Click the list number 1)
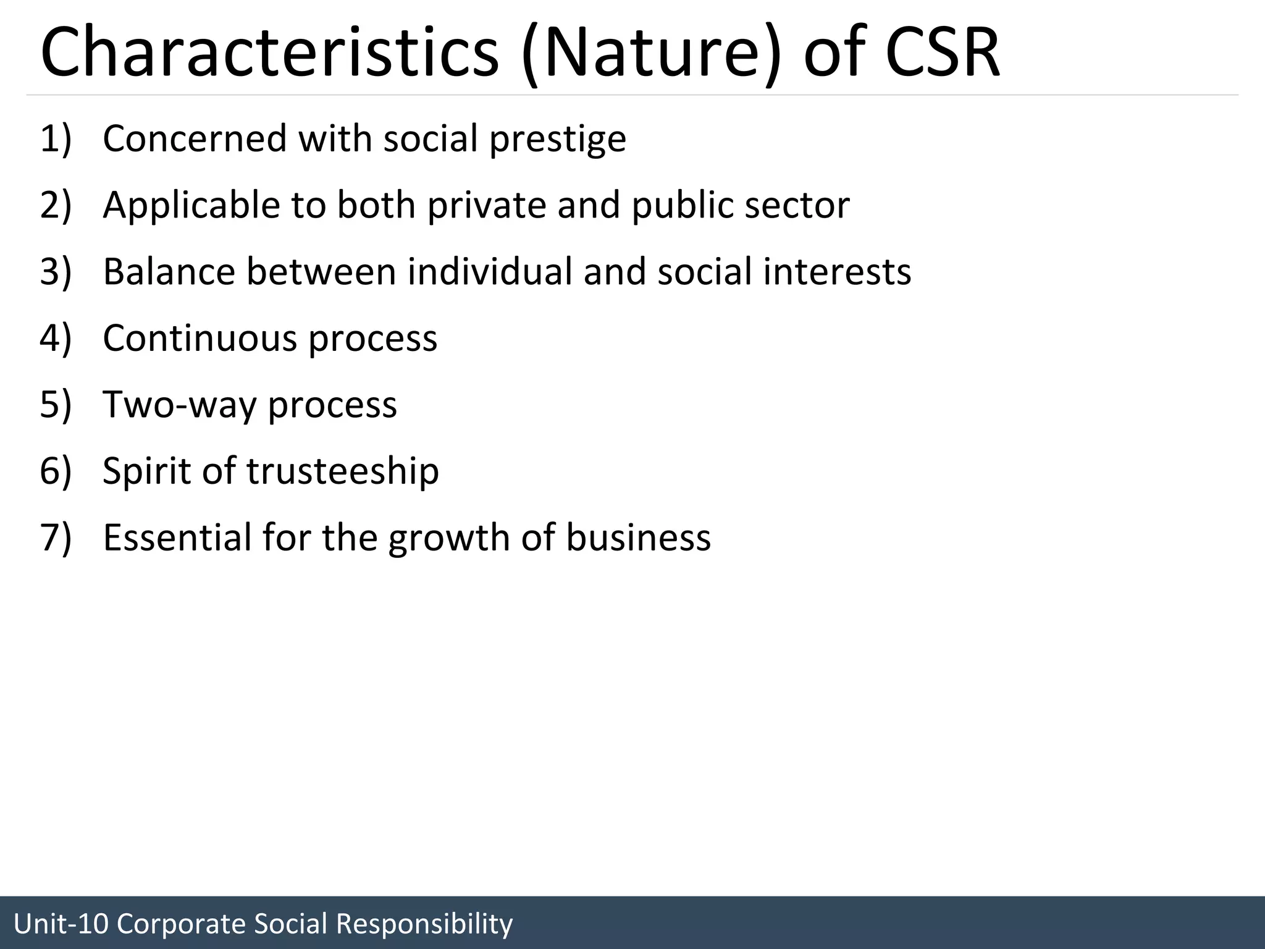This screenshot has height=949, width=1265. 56,138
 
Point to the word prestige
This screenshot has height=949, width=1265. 558,140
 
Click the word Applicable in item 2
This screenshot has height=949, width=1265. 191,206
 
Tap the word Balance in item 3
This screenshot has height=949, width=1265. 169,272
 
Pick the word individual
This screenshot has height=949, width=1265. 490,272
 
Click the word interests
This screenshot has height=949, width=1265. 837,272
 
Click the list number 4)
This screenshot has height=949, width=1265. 56,339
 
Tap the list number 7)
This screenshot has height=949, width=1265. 56,538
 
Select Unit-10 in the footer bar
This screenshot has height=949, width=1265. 61,924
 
